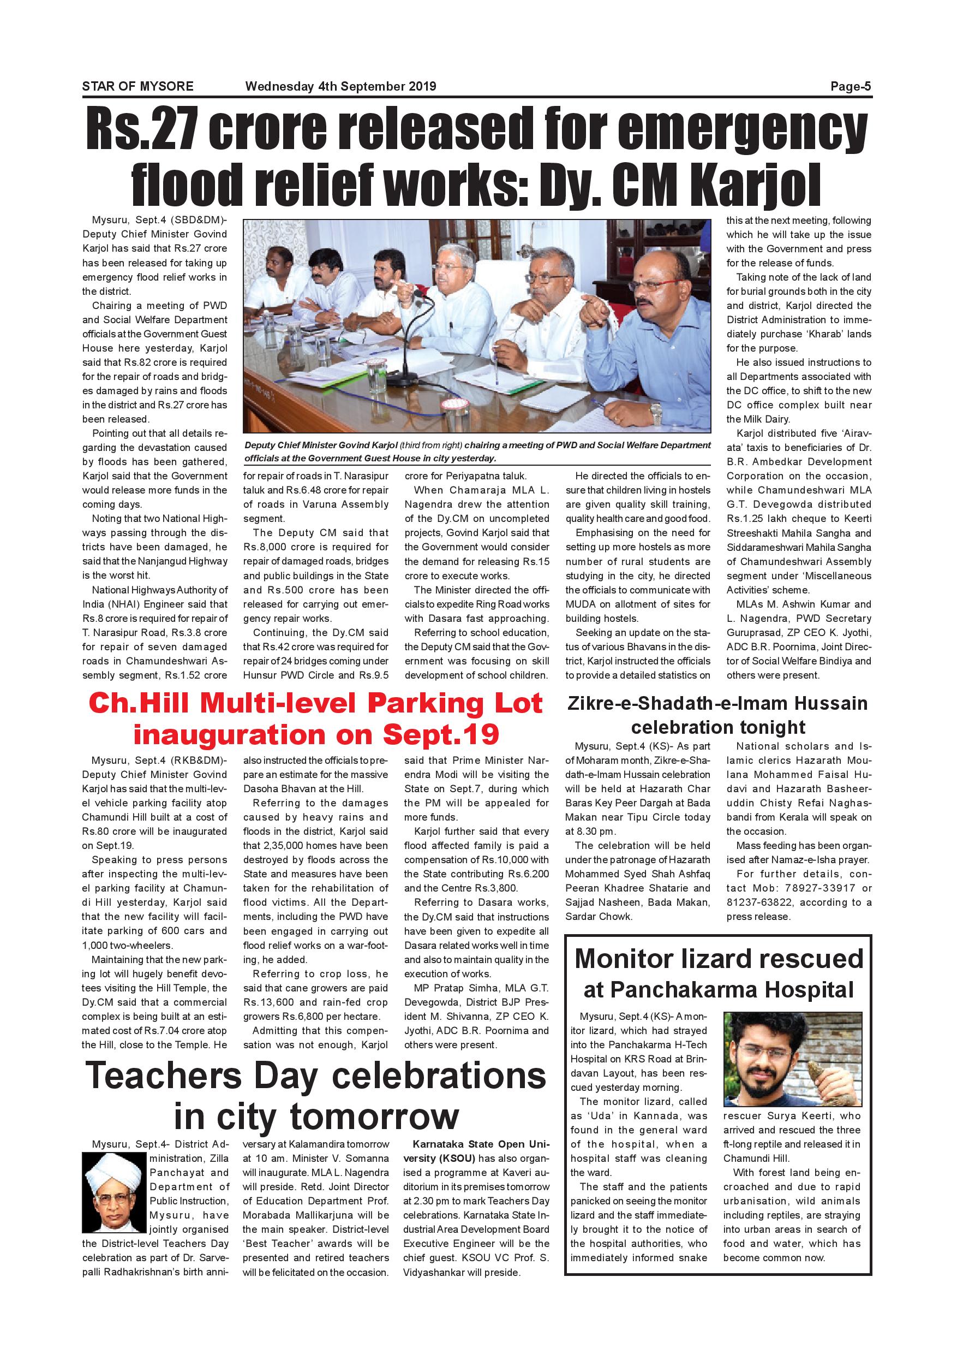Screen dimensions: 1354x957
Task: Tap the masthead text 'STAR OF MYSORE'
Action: pyautogui.click(x=137, y=86)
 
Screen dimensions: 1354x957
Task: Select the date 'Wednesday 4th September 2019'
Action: pyautogui.click(x=340, y=86)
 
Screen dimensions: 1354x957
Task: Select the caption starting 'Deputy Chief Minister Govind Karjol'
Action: pyautogui.click(x=477, y=451)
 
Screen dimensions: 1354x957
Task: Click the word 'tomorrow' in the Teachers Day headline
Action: pyautogui.click(x=374, y=1117)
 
